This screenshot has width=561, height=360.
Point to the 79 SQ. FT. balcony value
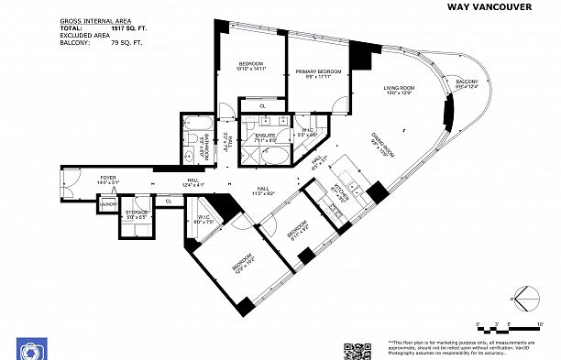click(x=129, y=42)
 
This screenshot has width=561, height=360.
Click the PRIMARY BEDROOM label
click(x=318, y=71)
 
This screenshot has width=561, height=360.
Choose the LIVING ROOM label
click(x=400, y=88)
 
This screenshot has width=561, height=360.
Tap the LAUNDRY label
click(x=108, y=205)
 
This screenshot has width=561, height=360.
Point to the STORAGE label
click(x=137, y=214)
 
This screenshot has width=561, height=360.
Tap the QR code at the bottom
click(x=356, y=350)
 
